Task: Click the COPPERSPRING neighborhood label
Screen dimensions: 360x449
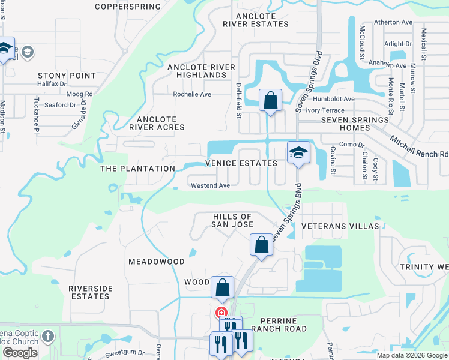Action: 128,7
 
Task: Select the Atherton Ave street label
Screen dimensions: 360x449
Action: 393,22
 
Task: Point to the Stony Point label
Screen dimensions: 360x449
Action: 67,76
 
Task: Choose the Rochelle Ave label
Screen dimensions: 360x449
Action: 192,94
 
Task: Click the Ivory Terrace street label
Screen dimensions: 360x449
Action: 325,110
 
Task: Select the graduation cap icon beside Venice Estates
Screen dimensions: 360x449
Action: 298,152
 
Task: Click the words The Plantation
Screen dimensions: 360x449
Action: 137,169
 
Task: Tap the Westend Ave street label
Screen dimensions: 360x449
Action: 210,186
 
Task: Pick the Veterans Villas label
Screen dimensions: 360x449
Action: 340,226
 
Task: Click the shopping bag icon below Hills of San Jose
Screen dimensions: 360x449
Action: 261,245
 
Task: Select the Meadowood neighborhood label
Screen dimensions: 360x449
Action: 157,262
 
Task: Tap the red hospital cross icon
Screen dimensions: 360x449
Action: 221,312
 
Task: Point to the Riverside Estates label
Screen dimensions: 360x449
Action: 91,292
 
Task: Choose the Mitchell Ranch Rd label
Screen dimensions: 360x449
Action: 418,146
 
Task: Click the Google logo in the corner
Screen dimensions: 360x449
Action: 20,353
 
